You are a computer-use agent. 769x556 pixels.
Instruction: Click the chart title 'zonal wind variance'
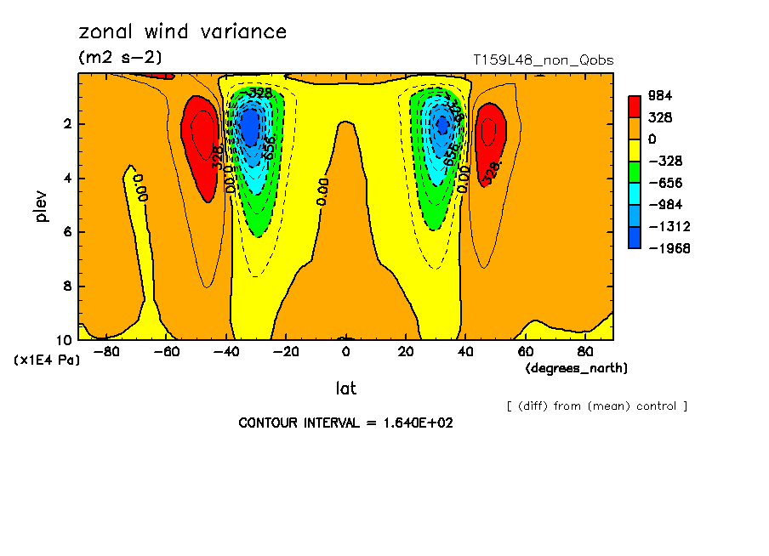[183, 32]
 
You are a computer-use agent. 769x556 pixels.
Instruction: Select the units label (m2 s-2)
[120, 58]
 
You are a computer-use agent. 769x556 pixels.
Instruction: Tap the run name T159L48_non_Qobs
[543, 60]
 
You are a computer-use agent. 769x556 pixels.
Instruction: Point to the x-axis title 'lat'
[345, 389]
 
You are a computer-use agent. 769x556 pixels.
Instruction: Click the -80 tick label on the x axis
[106, 351]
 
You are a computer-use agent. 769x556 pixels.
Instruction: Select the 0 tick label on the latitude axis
[345, 351]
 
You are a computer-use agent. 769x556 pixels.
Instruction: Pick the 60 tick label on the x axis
[525, 351]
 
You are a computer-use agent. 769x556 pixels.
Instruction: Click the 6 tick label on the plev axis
[66, 232]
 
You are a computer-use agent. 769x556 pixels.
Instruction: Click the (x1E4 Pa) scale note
[47, 360]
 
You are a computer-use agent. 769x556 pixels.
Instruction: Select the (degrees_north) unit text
[577, 368]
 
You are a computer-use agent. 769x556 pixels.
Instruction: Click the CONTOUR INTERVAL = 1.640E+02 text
[345, 423]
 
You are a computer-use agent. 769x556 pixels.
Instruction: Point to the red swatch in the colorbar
[635, 106]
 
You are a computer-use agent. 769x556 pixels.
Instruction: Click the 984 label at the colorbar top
[660, 95]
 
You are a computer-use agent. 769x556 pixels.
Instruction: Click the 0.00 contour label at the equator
[322, 191]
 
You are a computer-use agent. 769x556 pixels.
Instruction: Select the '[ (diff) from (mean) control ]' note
[596, 406]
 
